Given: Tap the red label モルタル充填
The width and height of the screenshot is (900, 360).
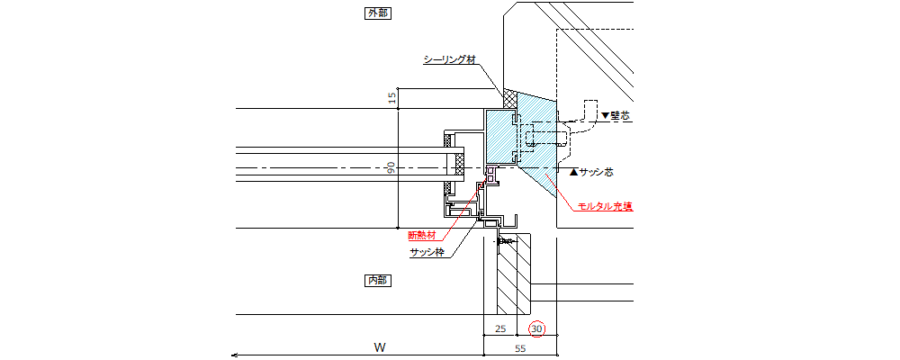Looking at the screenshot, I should (604, 206).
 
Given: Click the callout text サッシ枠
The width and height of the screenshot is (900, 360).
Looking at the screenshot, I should (427, 252).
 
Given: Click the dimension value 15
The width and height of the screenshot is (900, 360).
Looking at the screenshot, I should (391, 98).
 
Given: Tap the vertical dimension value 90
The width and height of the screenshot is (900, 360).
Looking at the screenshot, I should (391, 168).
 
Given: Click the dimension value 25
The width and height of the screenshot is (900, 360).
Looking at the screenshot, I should (501, 329).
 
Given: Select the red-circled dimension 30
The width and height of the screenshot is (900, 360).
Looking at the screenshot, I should (537, 329).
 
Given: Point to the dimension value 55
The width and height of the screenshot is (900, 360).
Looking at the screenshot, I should (520, 346).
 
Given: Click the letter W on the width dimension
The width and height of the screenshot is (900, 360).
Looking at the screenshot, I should (381, 346).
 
